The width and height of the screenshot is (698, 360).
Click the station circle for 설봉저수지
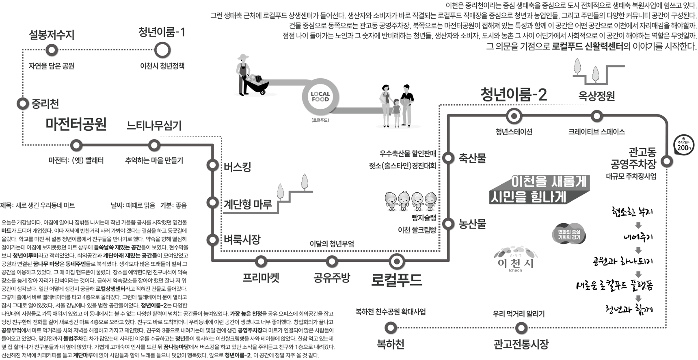click(x=52, y=50)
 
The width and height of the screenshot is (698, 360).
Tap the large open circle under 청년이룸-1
click(x=162, y=50)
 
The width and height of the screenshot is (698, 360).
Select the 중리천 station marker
click(x=22, y=103)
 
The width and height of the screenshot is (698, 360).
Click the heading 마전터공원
click(x=76, y=124)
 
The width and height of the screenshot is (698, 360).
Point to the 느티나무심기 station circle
click(x=154, y=145)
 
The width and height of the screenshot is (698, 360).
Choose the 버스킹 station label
click(x=238, y=166)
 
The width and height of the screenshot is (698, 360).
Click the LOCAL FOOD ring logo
click(x=320, y=97)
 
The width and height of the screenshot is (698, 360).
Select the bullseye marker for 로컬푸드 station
click(x=396, y=261)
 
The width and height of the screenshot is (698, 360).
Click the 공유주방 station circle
click(x=332, y=261)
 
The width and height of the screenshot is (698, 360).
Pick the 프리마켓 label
click(x=261, y=278)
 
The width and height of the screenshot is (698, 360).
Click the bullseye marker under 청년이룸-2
click(x=514, y=116)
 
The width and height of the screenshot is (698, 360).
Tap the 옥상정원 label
click(x=596, y=96)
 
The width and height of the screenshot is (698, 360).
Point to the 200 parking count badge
click(x=683, y=145)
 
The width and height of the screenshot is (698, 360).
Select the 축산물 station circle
click(x=448, y=158)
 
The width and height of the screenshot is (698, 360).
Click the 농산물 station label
click(x=472, y=224)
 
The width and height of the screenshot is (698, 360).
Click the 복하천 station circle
click(x=390, y=328)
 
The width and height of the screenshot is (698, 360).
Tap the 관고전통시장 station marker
click(x=521, y=328)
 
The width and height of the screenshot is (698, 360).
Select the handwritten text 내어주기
click(x=637, y=237)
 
